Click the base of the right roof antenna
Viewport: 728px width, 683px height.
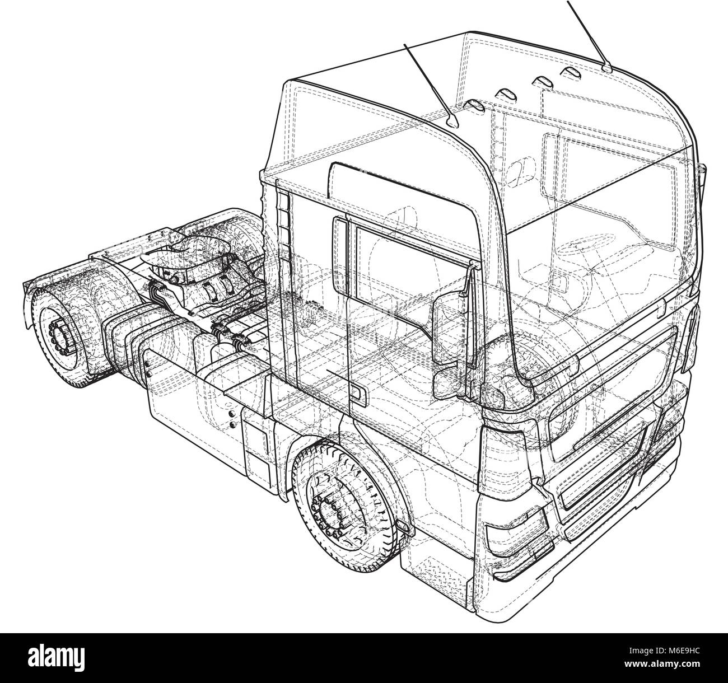pos(608,68)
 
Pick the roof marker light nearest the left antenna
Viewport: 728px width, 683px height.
pos(475,104)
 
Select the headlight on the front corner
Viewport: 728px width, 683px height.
pos(515,526)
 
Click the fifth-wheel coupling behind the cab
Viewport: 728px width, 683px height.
pos(185,252)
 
